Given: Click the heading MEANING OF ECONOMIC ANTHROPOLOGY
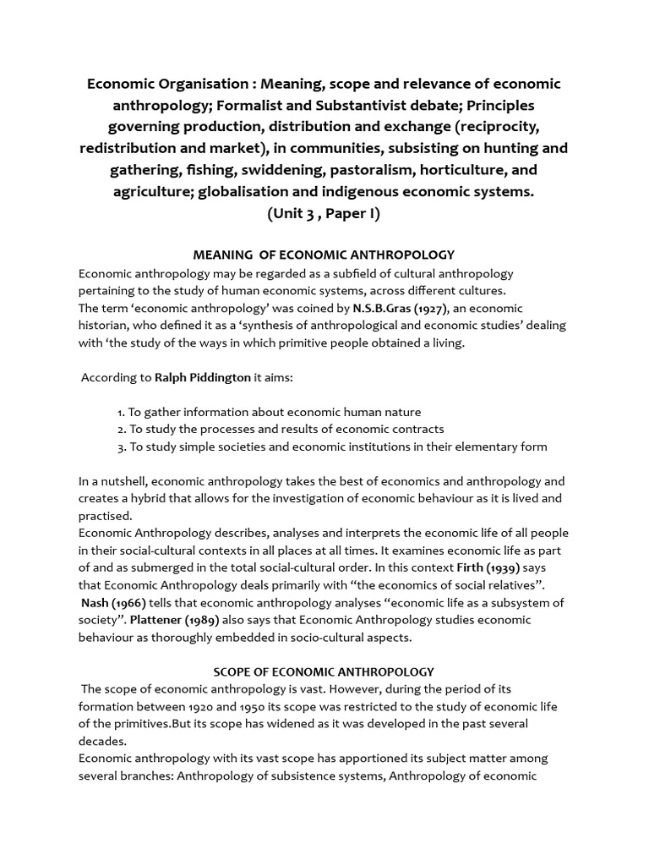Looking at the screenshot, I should point(324,255).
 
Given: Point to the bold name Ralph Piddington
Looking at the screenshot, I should point(203,377).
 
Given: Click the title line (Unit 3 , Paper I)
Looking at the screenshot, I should point(324,213).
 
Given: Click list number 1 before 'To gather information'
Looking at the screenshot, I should point(122,412).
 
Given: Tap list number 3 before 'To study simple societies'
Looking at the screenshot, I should point(122,447).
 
